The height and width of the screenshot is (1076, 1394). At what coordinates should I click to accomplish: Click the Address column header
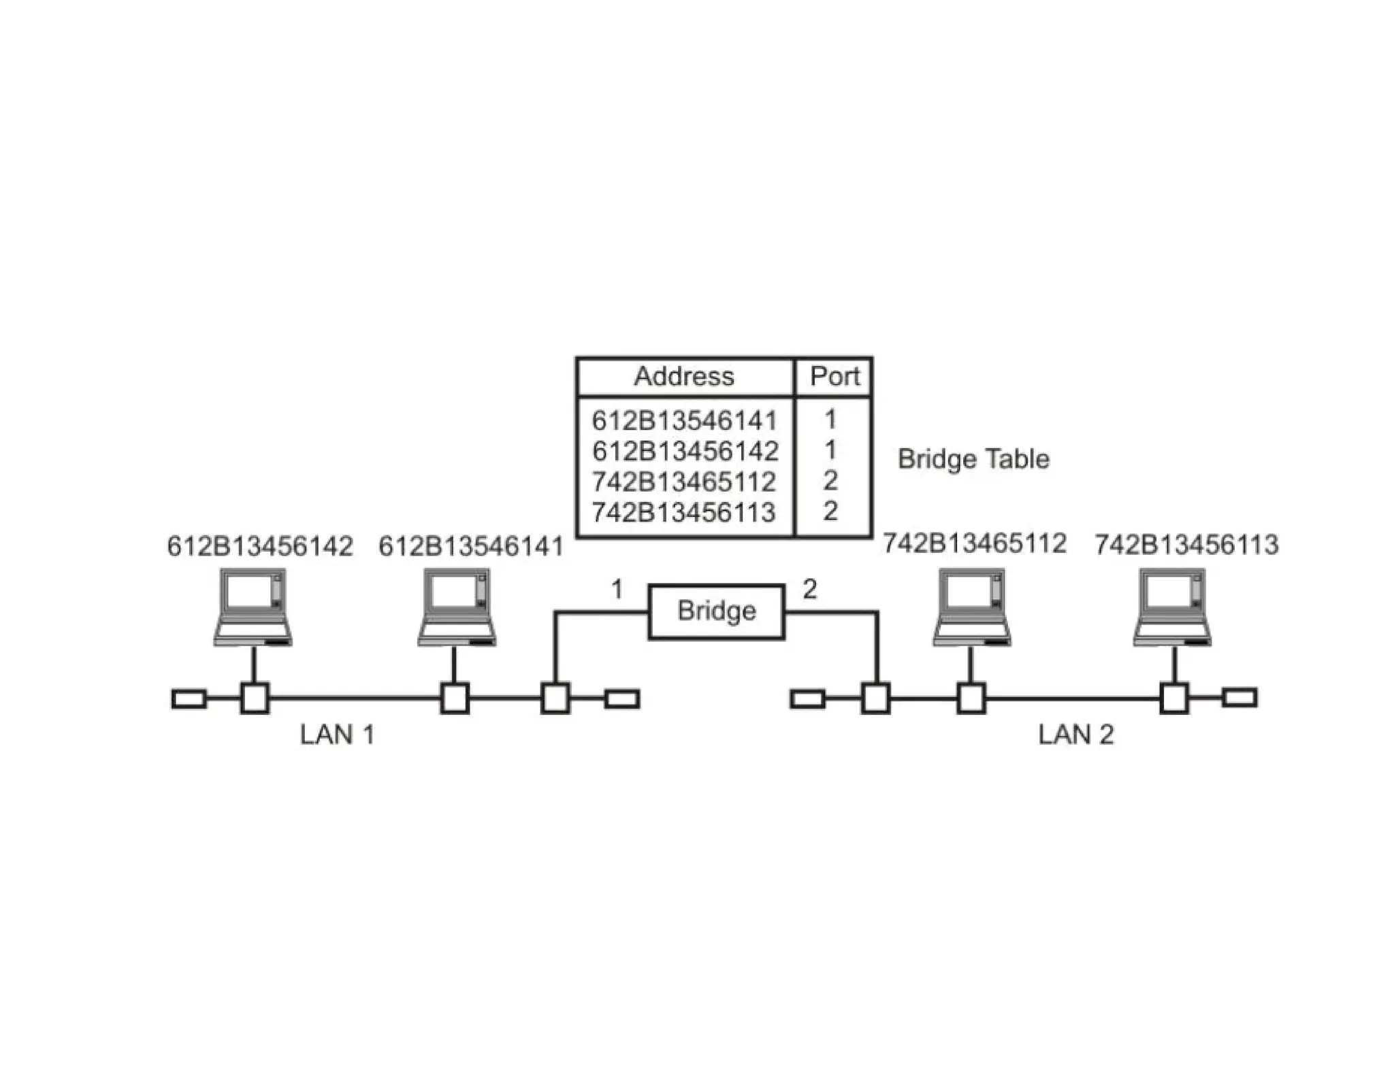coord(684,376)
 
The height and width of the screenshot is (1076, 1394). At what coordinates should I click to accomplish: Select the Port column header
coord(834,376)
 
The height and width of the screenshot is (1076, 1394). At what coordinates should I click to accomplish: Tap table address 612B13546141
coord(684,420)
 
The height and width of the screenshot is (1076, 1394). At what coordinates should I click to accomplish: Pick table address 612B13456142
coord(685,451)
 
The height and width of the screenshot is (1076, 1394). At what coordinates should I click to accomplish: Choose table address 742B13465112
coord(683,482)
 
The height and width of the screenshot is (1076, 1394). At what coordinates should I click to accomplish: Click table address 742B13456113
coord(683,512)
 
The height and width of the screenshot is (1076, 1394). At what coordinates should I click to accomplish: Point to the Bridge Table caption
coord(973,459)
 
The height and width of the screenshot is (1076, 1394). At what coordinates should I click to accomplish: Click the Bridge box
coord(716,611)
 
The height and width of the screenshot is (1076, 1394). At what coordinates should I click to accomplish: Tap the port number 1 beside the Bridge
coord(617,589)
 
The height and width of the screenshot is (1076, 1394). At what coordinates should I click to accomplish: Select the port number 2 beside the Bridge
coord(809,589)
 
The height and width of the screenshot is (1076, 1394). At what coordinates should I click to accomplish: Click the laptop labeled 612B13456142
coord(253,607)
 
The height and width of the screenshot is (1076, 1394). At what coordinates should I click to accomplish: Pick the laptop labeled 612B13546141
coord(456,607)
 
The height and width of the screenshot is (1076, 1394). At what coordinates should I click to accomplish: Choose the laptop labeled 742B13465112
coord(971,607)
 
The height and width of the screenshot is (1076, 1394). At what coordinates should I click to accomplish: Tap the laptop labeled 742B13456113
coord(1172,607)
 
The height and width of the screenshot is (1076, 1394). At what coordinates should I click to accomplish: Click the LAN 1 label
coord(337,735)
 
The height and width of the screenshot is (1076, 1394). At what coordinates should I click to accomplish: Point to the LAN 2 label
coord(1075,735)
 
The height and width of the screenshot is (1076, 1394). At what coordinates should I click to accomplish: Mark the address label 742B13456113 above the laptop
coord(1186,545)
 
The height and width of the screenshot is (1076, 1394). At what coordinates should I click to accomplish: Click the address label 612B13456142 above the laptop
coord(260,546)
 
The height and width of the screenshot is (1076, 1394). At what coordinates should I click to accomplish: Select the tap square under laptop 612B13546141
coord(455,699)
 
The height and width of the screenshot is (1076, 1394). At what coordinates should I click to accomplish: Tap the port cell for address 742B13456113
coord(830,511)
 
